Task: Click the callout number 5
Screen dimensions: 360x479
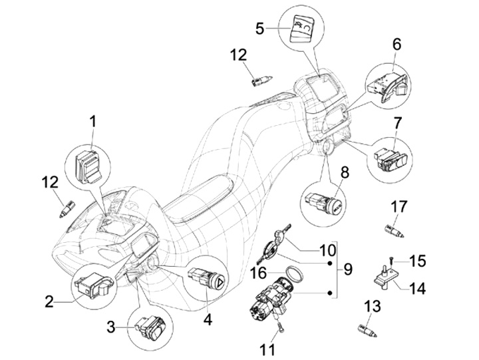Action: (260, 29)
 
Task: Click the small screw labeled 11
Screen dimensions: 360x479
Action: (279, 325)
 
